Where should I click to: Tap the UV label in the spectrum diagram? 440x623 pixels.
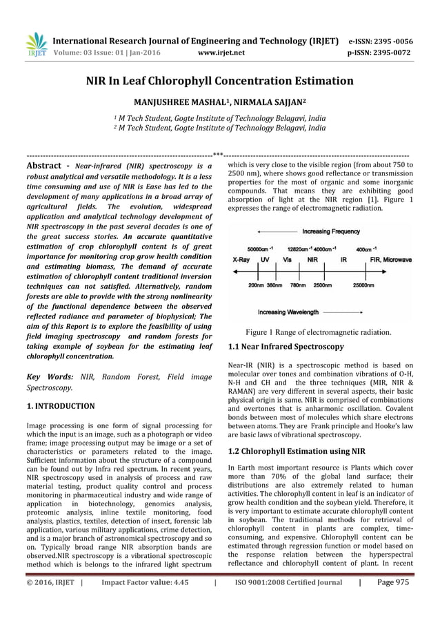[x=265, y=261]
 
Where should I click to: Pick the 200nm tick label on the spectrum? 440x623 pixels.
[x=255, y=285]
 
